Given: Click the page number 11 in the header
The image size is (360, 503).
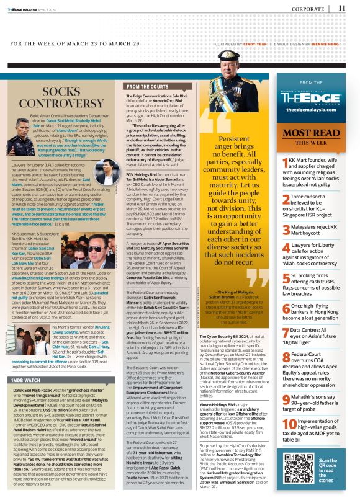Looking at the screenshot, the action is point(342,7).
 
